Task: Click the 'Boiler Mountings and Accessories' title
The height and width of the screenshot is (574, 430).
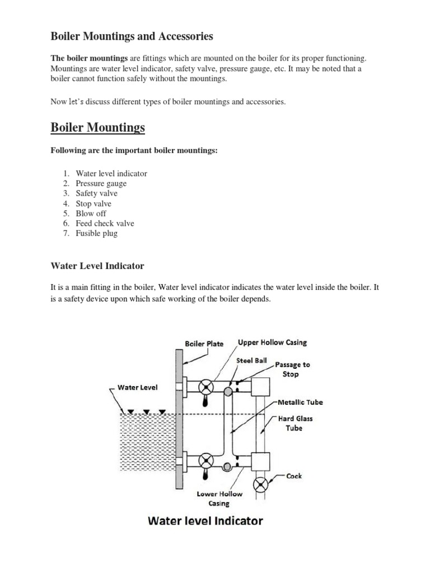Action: click(132, 36)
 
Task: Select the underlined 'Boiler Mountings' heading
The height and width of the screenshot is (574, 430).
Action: click(97, 128)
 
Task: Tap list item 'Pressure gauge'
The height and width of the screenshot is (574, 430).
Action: click(101, 183)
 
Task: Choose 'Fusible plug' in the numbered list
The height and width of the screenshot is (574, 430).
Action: click(96, 233)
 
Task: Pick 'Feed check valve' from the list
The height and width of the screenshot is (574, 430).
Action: click(105, 223)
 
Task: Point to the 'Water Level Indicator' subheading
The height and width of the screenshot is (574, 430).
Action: click(97, 266)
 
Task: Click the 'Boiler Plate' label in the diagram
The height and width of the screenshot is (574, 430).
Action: click(204, 344)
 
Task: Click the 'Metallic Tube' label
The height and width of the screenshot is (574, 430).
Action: click(301, 402)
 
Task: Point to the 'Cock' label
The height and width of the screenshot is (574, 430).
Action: click(294, 476)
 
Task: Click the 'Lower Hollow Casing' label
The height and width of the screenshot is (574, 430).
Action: click(219, 498)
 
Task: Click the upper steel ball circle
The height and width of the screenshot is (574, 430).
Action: click(228, 392)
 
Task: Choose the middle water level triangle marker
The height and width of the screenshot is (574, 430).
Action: click(146, 411)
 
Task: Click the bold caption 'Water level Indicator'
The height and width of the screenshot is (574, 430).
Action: click(205, 521)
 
